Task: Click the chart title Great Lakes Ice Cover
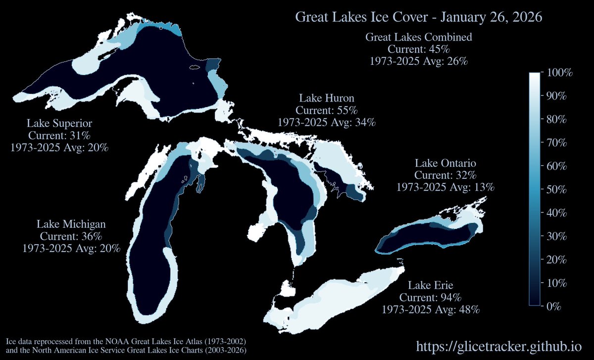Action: click(419, 17)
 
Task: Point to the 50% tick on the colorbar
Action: click(558, 190)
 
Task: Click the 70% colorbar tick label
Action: click(558, 143)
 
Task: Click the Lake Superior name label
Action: click(59, 123)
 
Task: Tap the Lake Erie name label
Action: click(430, 285)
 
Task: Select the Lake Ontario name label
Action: click(445, 163)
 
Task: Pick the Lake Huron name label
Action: click(326, 98)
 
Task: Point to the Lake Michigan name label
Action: click(71, 224)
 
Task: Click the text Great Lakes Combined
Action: click(418, 37)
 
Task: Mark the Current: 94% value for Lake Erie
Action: click(430, 298)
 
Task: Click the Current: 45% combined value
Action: click(418, 50)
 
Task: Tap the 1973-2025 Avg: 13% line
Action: click(445, 187)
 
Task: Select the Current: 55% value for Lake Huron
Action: click(326, 110)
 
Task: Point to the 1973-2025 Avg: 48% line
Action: click(430, 309)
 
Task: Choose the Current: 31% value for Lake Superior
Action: click(59, 135)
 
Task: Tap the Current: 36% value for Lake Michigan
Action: click(71, 236)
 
